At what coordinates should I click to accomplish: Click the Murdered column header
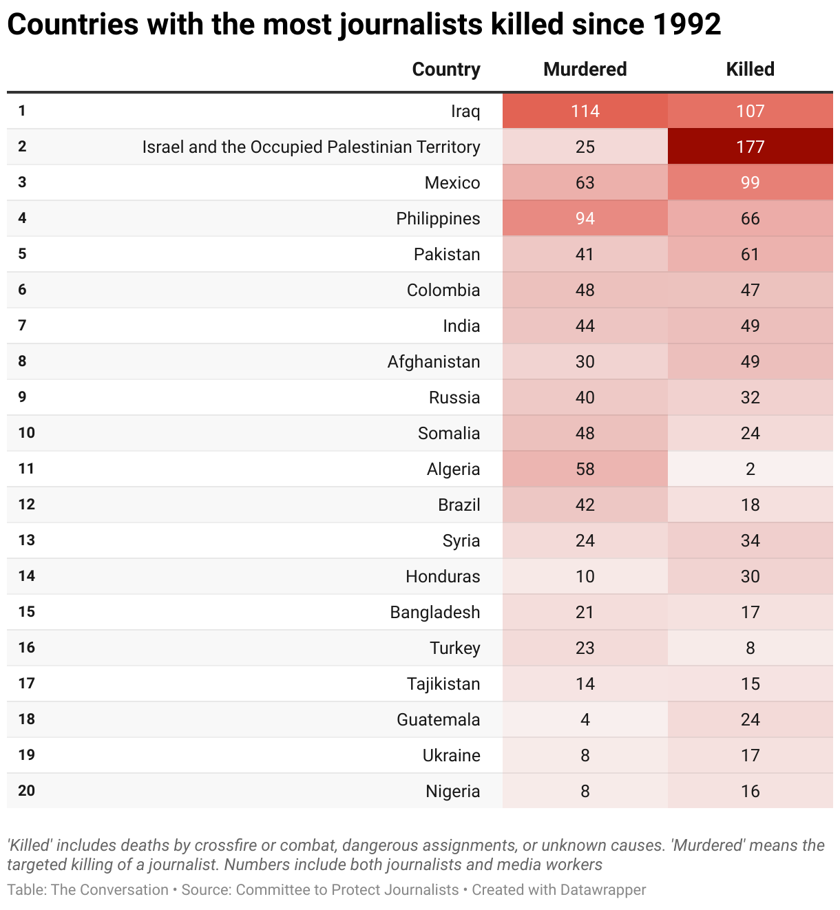(585, 70)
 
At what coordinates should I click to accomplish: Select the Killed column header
(750, 70)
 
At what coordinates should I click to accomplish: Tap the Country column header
(445, 70)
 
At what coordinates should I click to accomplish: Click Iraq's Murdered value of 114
(585, 111)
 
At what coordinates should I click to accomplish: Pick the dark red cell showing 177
(750, 147)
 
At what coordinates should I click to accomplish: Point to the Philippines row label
(438, 218)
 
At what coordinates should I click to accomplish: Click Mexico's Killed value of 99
(750, 182)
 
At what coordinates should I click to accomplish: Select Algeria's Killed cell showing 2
(750, 469)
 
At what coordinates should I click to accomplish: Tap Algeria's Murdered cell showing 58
(585, 469)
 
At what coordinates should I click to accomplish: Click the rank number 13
(26, 540)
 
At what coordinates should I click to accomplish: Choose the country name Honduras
(443, 576)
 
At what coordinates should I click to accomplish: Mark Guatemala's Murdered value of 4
(585, 719)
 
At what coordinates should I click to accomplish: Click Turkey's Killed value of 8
(750, 648)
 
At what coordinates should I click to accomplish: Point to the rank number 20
(26, 790)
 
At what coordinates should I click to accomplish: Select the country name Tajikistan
(443, 684)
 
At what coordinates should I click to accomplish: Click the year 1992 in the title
(685, 25)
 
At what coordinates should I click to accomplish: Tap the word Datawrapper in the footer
(602, 889)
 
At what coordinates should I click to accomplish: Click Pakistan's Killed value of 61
(750, 254)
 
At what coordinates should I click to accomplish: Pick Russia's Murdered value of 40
(585, 397)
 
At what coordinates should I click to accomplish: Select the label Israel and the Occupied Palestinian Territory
(311, 147)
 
